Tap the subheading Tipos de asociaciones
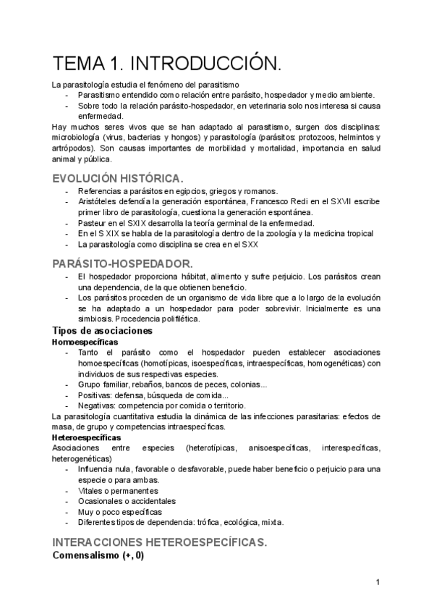[102, 331]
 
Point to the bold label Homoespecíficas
[85, 341]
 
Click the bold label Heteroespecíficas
[87, 437]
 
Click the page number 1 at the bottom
[378, 582]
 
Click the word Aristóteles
[101, 201]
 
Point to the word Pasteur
[93, 223]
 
